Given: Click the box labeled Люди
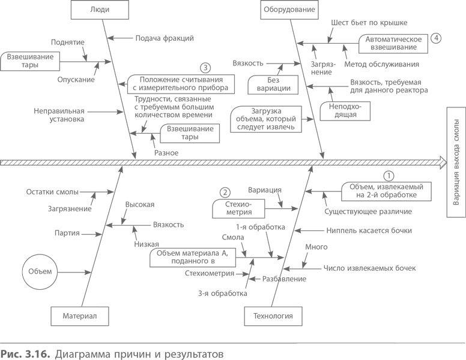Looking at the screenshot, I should [99, 10].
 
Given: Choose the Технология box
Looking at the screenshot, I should [273, 315].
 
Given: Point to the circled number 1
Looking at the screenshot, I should [389, 176].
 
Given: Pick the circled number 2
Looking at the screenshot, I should [225, 193].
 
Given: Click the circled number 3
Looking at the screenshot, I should [205, 67].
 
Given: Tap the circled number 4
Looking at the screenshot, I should [435, 38].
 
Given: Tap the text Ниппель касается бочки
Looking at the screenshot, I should [369, 230].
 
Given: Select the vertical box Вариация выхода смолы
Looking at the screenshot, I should [456, 161].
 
